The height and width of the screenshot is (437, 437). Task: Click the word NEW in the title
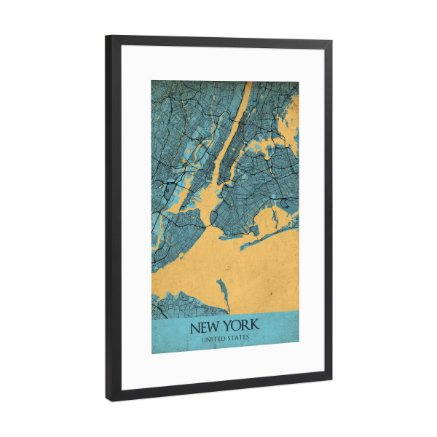click(x=206, y=326)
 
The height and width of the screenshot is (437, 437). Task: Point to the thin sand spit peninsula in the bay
click(x=221, y=291)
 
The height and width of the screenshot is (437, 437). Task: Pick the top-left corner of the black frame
click(x=106, y=36)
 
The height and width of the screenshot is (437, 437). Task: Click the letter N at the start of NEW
click(x=194, y=326)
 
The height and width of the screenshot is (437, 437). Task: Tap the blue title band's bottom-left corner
click(x=152, y=353)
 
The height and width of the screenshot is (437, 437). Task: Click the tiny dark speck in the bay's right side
click(x=271, y=292)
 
